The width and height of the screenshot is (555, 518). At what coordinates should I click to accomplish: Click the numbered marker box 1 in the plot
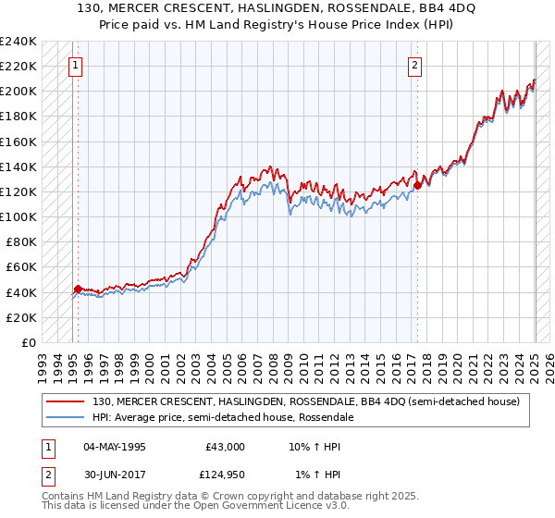74,66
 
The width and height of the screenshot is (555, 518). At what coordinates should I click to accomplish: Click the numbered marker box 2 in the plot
414,66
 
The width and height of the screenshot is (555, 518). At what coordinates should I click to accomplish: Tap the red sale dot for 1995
78,289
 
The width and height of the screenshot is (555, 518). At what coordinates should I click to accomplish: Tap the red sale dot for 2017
417,185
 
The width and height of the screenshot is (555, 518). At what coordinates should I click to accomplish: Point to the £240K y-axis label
18,42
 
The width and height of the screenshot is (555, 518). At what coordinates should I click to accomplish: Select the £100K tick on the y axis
18,216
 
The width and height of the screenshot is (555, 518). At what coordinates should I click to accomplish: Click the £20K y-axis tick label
20,317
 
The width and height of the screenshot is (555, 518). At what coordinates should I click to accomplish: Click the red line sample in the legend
65,401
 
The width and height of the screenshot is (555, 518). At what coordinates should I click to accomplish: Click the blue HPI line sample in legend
65,417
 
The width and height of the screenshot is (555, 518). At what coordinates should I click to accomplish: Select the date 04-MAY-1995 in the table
117,447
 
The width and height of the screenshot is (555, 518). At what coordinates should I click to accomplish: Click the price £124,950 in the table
222,475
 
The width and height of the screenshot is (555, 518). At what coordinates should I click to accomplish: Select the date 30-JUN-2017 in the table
117,475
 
